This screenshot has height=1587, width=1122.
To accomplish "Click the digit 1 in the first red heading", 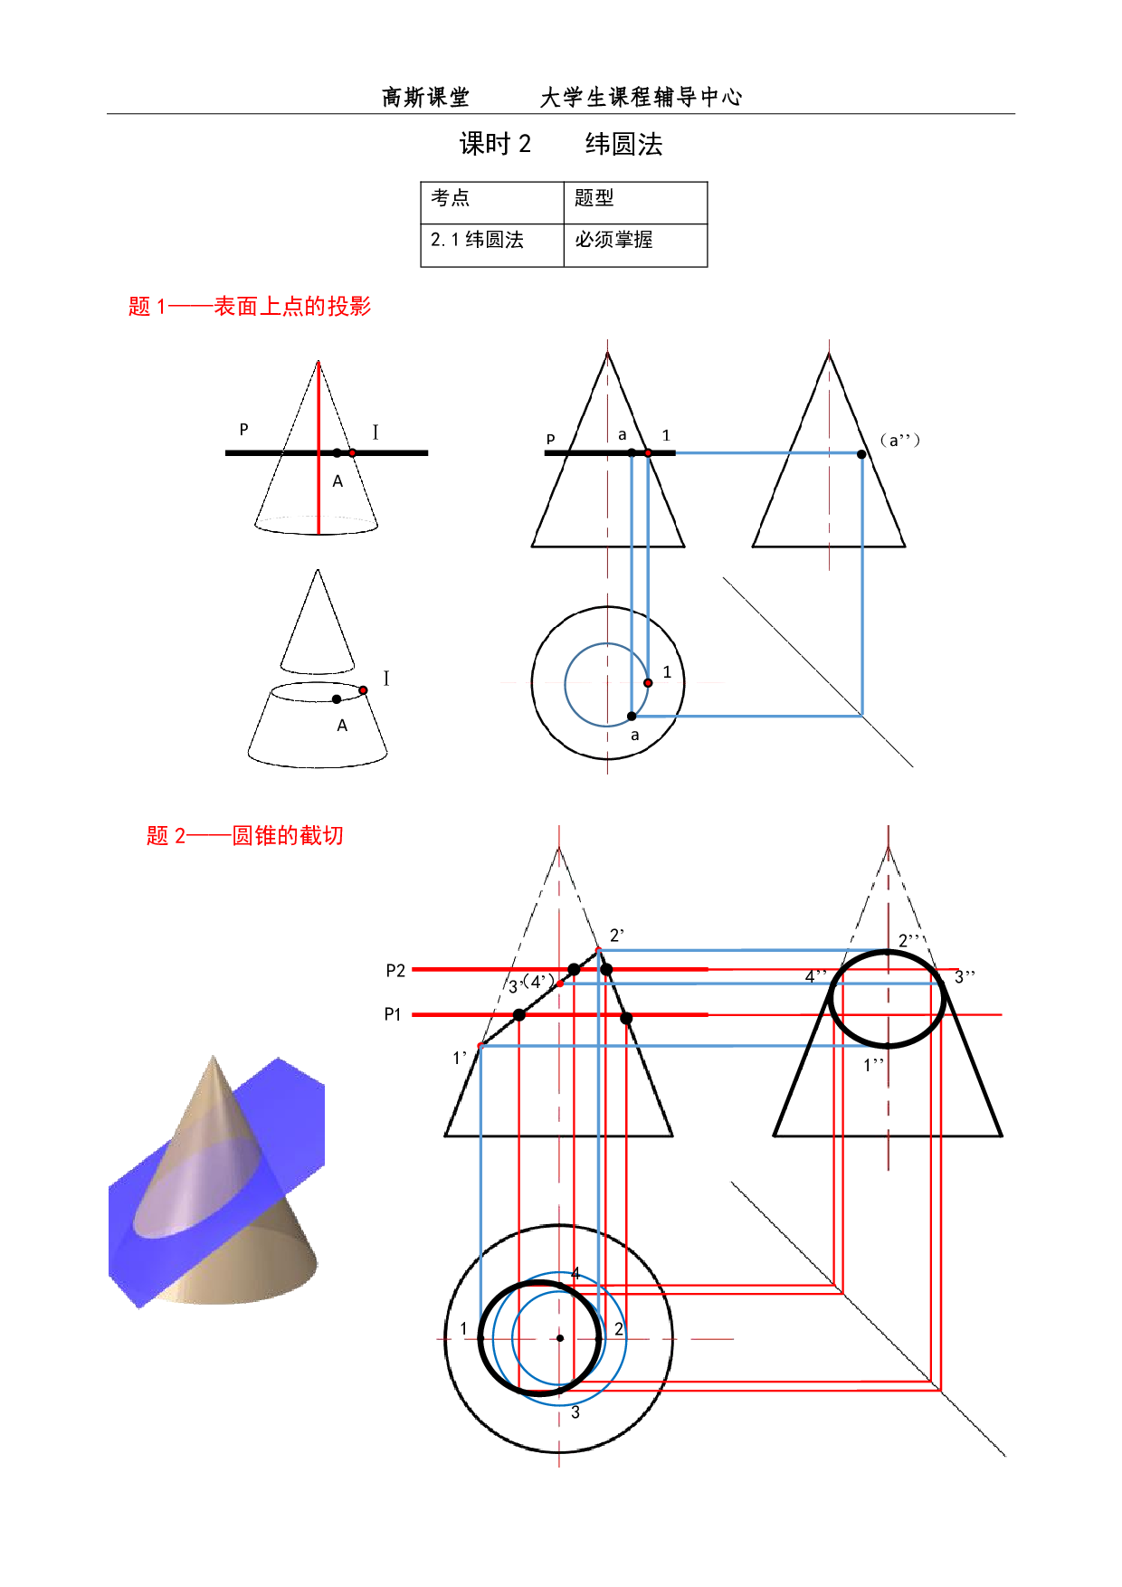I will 161,308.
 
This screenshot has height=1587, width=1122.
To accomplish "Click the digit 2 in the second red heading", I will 180,836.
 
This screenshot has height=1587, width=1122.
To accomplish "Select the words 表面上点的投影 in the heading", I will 292,307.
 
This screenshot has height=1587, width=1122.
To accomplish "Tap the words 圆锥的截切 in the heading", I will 288,835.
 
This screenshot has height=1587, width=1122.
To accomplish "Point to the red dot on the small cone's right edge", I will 352,452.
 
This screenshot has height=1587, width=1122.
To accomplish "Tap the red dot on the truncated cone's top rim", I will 363,690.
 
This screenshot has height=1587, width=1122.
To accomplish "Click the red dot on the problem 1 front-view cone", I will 648,452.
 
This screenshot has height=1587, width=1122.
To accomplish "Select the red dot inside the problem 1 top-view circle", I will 648,682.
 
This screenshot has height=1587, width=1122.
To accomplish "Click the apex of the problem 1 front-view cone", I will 607,354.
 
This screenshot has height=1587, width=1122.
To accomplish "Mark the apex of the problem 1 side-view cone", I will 829,354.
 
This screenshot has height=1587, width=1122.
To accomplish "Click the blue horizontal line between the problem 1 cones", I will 765,452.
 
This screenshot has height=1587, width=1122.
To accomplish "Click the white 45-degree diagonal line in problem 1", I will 814,670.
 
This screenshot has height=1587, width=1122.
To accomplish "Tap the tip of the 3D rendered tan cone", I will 214,1057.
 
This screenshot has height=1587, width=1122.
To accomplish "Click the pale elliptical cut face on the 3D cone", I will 195,1185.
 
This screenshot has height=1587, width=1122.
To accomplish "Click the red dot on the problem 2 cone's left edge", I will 480,1045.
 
